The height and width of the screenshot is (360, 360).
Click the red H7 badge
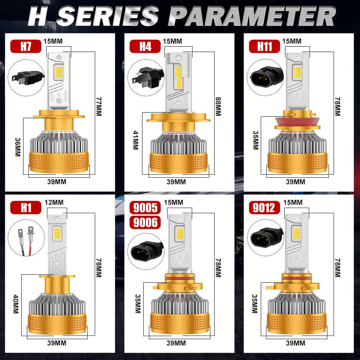coord(26,46)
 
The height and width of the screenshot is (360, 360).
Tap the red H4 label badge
coord(145,46)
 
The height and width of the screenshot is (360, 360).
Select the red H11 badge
coord(265,46)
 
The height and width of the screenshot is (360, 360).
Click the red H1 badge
coord(26,207)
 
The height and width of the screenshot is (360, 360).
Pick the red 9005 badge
coord(145,207)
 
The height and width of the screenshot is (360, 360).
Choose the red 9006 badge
coord(145,222)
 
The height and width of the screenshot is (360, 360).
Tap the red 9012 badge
coord(265,207)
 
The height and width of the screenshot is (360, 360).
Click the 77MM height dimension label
coord(99,106)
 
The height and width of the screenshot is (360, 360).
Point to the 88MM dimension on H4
coord(218,106)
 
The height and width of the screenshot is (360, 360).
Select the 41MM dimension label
coord(136,140)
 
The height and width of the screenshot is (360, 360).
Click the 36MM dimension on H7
coord(18,147)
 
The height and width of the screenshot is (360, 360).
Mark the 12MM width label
coord(54,202)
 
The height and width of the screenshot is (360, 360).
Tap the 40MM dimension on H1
coord(16,304)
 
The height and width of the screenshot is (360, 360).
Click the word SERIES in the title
coord(108,16)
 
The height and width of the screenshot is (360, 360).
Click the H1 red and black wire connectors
coord(26,241)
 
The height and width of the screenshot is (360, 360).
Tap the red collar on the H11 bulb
coord(297,121)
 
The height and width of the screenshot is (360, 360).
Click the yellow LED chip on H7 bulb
coord(59,72)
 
